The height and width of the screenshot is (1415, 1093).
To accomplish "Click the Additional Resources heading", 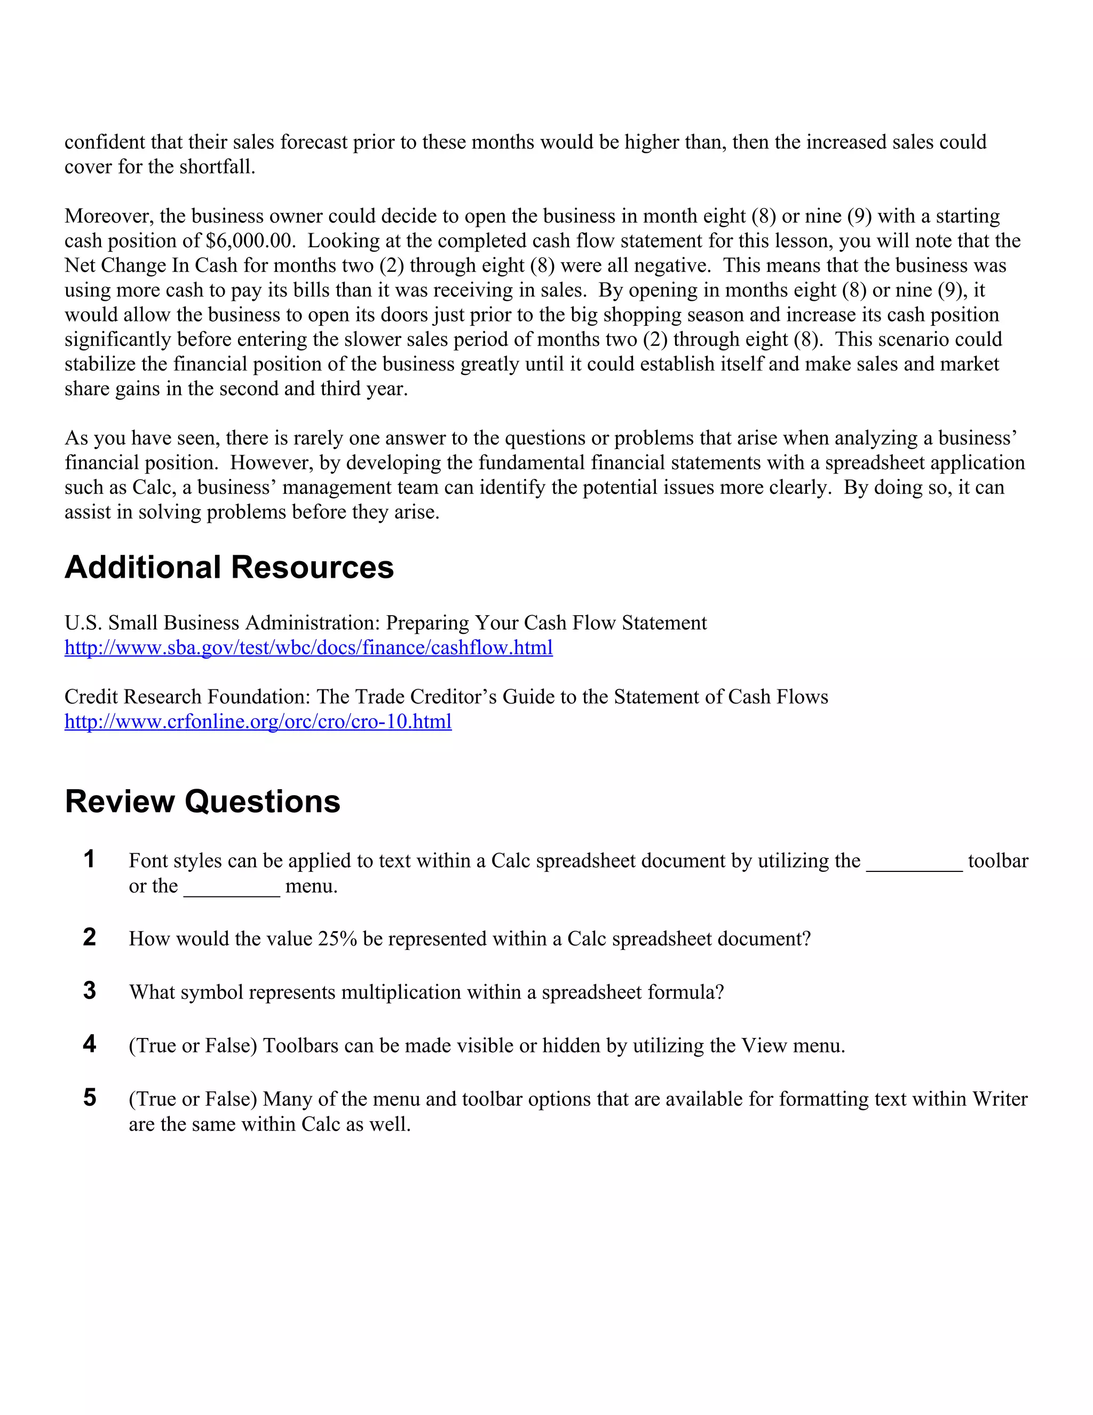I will click(x=229, y=568).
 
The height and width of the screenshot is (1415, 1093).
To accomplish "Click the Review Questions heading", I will click(x=202, y=801).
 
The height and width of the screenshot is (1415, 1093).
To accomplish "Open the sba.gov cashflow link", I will click(x=308, y=647).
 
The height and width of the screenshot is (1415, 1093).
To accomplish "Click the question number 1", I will click(x=89, y=859).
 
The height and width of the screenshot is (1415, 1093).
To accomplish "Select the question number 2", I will click(x=89, y=938).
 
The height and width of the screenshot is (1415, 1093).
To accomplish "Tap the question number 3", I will click(x=89, y=990).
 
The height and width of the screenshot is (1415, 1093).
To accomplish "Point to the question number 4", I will click(x=89, y=1044).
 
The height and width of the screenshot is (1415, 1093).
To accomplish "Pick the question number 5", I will click(x=89, y=1097).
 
